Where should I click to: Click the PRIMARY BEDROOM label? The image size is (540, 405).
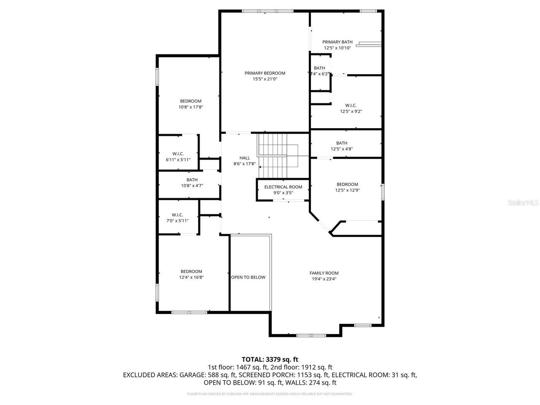pos(265,73)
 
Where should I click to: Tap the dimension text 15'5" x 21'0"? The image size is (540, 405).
pos(265,79)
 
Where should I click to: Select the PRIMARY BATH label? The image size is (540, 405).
pos(337,42)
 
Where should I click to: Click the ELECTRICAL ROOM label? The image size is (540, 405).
pos(283,187)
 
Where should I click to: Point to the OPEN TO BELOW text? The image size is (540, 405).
pos(248,277)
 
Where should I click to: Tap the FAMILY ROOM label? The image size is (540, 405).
pos(324,273)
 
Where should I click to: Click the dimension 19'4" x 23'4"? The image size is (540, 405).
pos(324,279)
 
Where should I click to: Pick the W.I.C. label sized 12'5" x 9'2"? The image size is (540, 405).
pos(351,105)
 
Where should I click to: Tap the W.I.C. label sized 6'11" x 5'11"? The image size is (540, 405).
pos(178,154)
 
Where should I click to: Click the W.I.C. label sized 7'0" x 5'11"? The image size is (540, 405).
pos(177,215)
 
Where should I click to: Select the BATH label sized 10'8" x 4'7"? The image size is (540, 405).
pos(192,180)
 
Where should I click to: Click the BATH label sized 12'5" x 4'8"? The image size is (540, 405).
pos(342,143)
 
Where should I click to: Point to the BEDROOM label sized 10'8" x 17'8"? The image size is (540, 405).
pos(191,101)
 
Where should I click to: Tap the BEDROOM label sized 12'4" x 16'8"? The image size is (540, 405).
pos(192,271)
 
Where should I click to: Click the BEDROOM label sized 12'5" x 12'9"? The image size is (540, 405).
pos(347,184)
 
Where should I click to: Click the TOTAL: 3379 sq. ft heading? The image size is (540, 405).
pos(270,359)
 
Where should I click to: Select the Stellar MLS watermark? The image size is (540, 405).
pos(523,203)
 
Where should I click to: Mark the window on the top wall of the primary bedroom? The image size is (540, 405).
pos(265,11)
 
